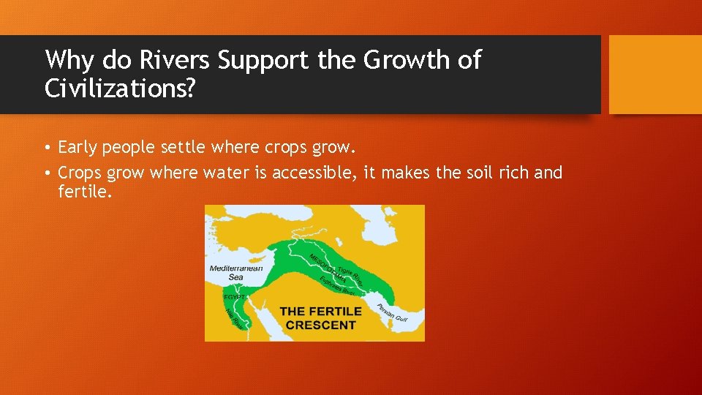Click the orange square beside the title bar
655,75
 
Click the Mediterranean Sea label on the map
235,273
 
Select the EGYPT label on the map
233,298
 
